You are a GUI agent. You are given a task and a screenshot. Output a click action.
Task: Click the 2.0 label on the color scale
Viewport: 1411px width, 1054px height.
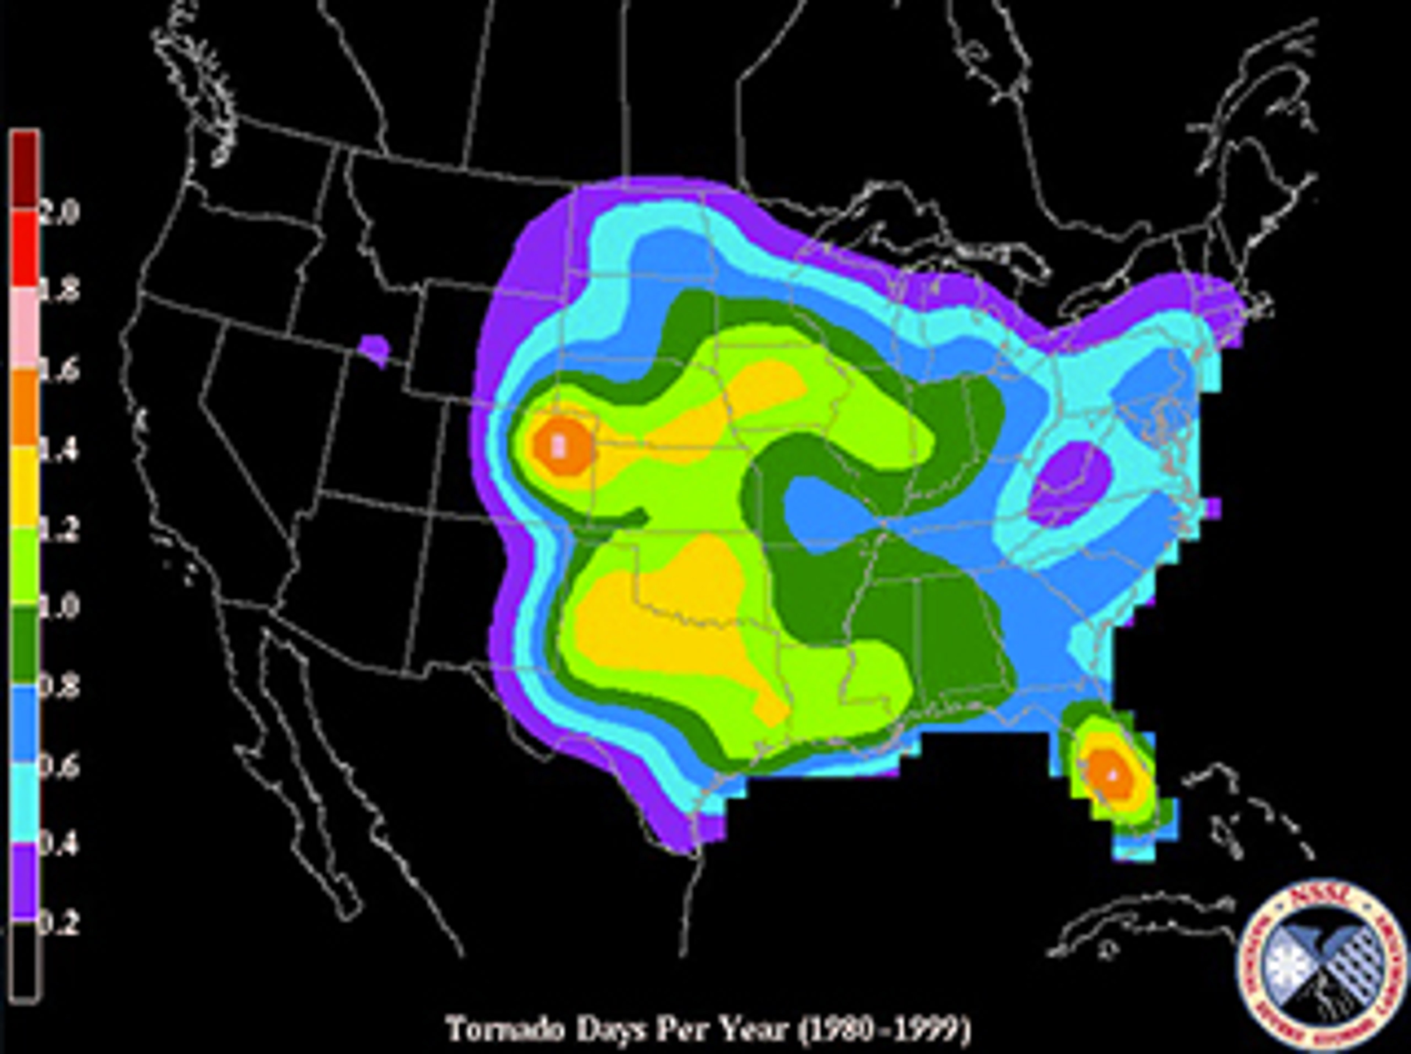59,211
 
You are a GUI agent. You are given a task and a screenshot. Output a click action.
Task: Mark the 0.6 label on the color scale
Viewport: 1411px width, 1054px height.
59,766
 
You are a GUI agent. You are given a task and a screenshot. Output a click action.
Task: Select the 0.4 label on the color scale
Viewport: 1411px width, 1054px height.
59,845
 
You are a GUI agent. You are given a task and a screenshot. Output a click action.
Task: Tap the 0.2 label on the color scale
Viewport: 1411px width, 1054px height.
59,924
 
